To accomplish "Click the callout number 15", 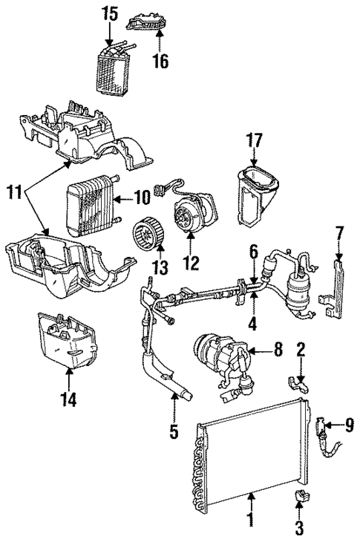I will tap(110, 13).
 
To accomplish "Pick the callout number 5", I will tap(173, 430).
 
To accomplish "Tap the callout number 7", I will tap(338, 235).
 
